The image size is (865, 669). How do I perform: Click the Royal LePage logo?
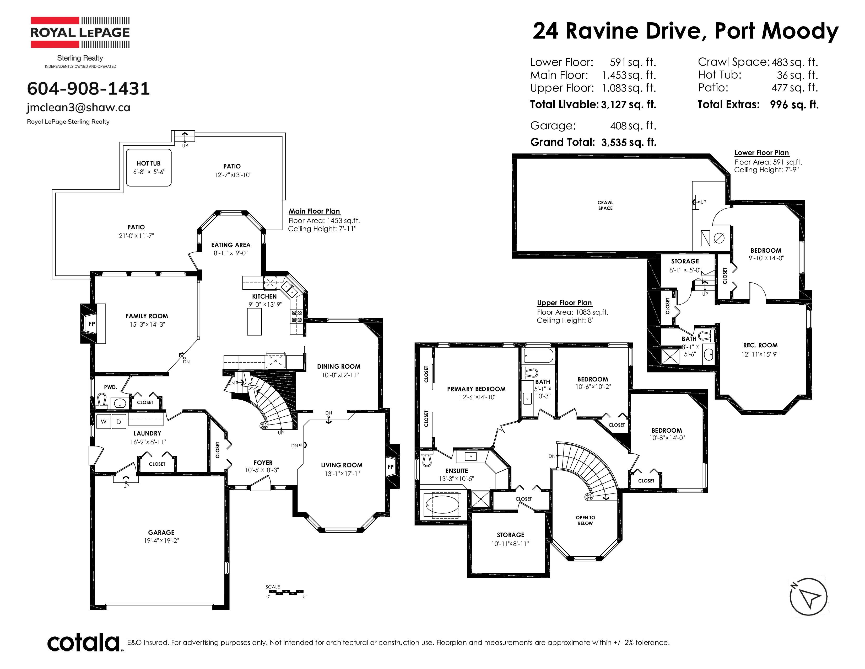[x=80, y=33]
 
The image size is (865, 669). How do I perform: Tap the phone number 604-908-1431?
[x=88, y=88]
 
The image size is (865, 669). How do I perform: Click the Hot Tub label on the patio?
[x=149, y=163]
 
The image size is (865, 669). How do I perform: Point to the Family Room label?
[x=147, y=316]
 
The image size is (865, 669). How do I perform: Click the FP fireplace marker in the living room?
[x=391, y=467]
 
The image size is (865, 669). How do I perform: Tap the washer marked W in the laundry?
[x=103, y=422]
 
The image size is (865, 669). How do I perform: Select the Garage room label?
[x=161, y=532]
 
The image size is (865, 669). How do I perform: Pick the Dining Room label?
[x=339, y=366]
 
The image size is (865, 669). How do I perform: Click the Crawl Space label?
[x=605, y=205]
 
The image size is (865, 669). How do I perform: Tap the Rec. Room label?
[x=760, y=345]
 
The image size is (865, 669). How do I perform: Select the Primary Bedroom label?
[x=476, y=389]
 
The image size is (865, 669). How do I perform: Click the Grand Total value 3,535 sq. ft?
[x=629, y=142]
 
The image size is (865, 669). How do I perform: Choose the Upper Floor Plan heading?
[x=564, y=303]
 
